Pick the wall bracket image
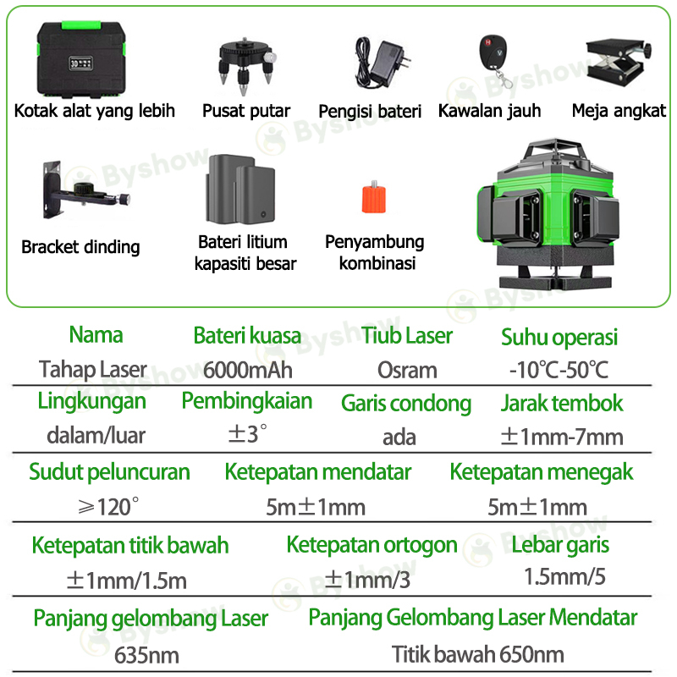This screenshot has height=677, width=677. point(80,194)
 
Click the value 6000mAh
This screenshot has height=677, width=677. point(247,370)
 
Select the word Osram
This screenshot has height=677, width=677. point(407,370)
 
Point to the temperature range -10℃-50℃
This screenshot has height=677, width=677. point(559,370)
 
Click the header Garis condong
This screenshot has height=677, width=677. point(406,403)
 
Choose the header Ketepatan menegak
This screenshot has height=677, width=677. point(542,472)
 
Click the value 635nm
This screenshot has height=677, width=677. point(146,655)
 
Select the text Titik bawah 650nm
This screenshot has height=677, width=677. point(478,655)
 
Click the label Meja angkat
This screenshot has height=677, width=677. point(619,111)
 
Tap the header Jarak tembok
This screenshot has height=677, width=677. point(562,403)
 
